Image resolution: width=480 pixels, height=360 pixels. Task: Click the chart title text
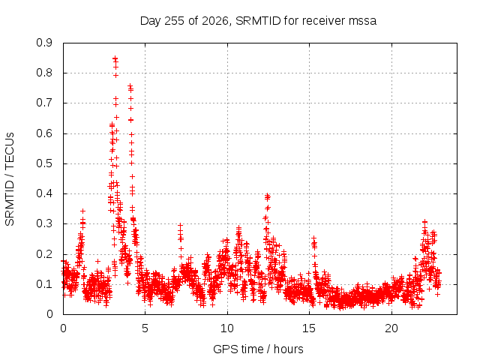pyautogui.click(x=258, y=21)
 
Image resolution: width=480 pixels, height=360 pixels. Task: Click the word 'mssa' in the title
pyautogui.click(x=362, y=22)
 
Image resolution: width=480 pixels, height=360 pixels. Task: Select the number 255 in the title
pyautogui.click(x=174, y=21)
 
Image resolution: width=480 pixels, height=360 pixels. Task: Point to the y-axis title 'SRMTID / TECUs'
pyautogui.click(x=10, y=179)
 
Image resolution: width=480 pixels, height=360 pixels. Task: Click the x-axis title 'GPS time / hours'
pyautogui.click(x=258, y=349)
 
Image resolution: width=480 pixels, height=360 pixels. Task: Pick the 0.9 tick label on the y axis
pyautogui.click(x=44, y=43)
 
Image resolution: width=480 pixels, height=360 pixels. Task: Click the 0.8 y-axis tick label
pyautogui.click(x=44, y=73)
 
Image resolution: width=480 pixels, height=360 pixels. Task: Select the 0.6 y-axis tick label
pyautogui.click(x=44, y=133)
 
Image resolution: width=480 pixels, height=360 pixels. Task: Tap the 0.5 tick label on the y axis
pyautogui.click(x=44, y=163)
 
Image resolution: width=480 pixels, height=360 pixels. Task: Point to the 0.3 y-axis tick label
pyautogui.click(x=44, y=223)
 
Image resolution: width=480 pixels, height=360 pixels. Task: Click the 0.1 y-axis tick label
pyautogui.click(x=44, y=284)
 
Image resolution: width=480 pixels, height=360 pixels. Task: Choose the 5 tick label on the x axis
pyautogui.click(x=145, y=328)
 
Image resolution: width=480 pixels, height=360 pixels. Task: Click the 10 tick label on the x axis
pyautogui.click(x=227, y=328)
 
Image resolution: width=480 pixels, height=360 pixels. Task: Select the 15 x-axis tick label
pyautogui.click(x=309, y=328)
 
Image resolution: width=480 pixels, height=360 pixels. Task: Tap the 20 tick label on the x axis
pyautogui.click(x=391, y=328)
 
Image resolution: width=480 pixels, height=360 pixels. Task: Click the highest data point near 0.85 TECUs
pyautogui.click(x=115, y=58)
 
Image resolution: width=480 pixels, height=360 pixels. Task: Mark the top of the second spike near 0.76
pyautogui.click(x=130, y=85)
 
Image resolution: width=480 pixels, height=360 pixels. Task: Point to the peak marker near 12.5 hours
pyautogui.click(x=267, y=195)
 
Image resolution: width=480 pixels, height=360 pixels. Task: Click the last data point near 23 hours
pyautogui.click(x=438, y=273)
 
